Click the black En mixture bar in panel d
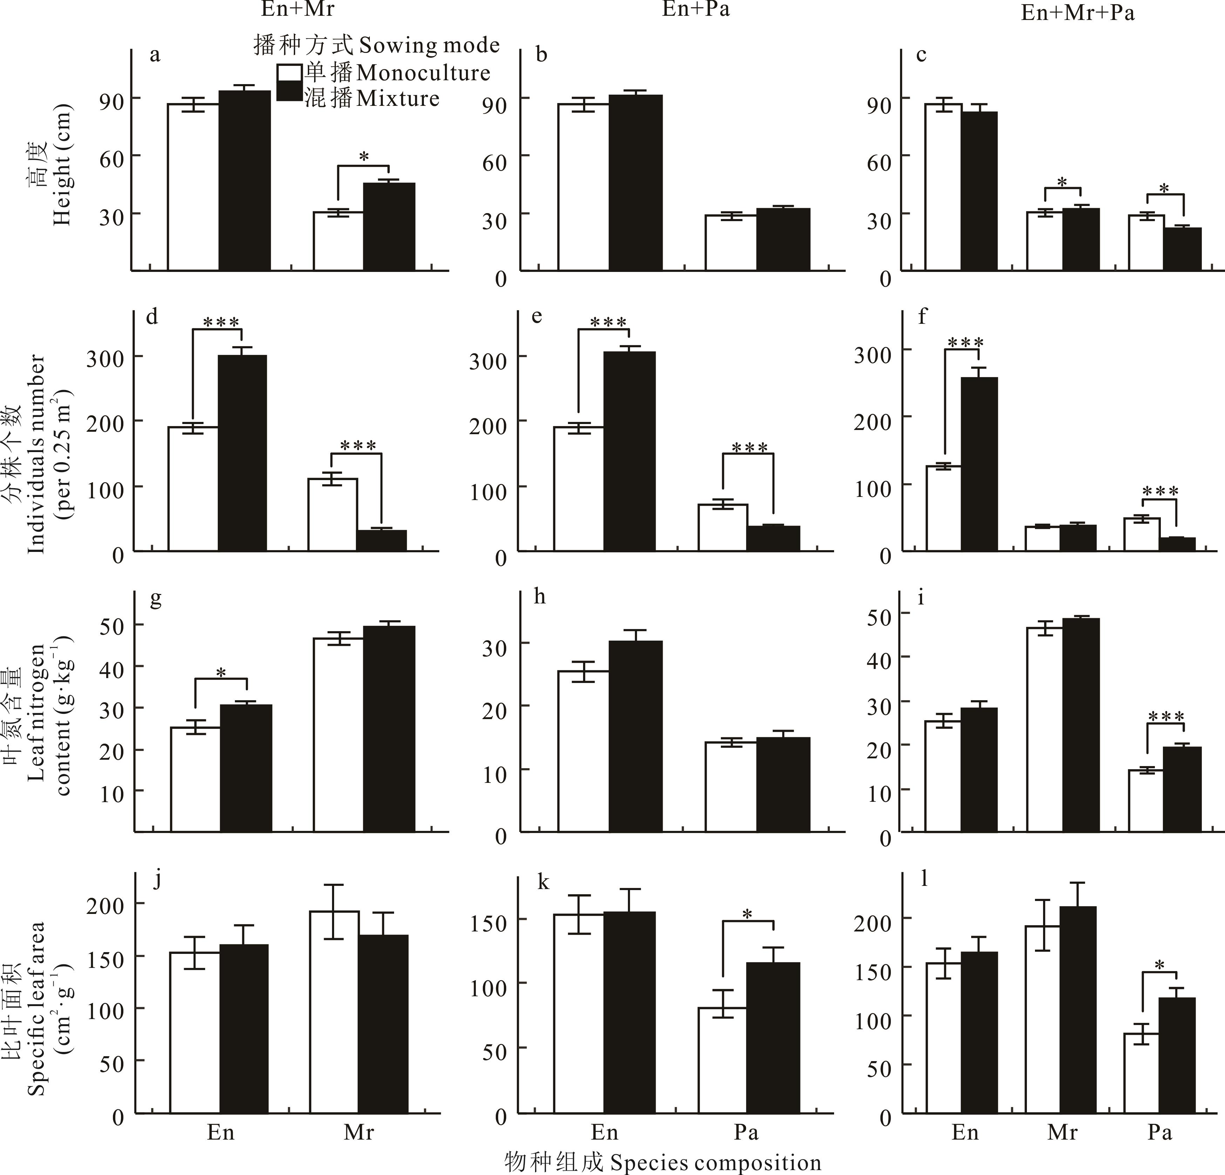pyautogui.click(x=243, y=452)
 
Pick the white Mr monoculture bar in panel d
pyautogui.click(x=332, y=514)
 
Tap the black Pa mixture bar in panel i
pyautogui.click(x=1182, y=789)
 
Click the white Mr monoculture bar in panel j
pyautogui.click(x=336, y=1012)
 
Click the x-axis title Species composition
pyautogui.click(x=663, y=1162)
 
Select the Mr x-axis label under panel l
pyautogui.click(x=1063, y=1132)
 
